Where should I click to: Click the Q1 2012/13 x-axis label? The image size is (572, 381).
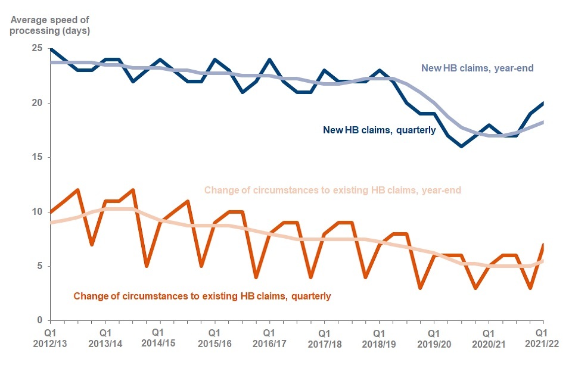point(51,338)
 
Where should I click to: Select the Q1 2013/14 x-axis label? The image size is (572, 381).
point(105,338)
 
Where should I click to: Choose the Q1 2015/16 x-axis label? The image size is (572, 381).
point(214,338)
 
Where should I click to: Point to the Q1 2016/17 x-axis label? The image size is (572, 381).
point(269,338)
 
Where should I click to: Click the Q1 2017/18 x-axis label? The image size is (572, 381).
point(324,338)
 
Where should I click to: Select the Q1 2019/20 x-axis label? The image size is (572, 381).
point(433,338)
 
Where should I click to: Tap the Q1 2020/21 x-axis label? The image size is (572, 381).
point(488,338)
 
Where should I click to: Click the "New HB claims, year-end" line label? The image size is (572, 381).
point(477,68)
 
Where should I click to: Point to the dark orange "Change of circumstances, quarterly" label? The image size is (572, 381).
point(201,295)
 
